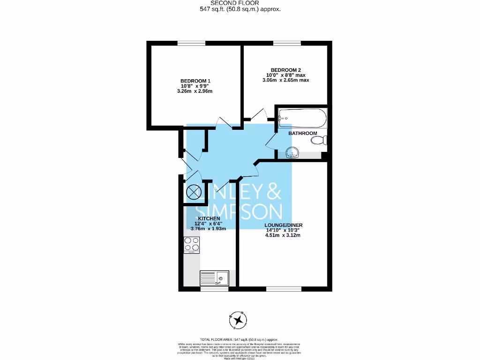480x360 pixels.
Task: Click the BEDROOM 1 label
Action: (x=195, y=81)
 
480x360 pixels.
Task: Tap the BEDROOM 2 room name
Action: (x=285, y=70)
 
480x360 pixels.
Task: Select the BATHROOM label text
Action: (x=302, y=133)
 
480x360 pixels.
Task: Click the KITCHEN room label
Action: (x=209, y=219)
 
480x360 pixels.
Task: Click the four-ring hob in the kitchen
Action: (x=192, y=244)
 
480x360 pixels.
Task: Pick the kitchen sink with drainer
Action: (x=214, y=278)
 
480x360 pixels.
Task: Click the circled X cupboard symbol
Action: (x=193, y=192)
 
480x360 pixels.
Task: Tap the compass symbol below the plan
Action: (x=239, y=320)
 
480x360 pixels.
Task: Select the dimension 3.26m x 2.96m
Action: (x=195, y=91)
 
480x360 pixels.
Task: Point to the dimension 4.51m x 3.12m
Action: (x=283, y=235)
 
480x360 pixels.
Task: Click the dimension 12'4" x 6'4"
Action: (x=209, y=224)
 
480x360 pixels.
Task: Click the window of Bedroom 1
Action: (x=191, y=43)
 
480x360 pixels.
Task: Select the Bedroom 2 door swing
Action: (x=255, y=114)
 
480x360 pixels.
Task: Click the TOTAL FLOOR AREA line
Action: (x=240, y=339)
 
